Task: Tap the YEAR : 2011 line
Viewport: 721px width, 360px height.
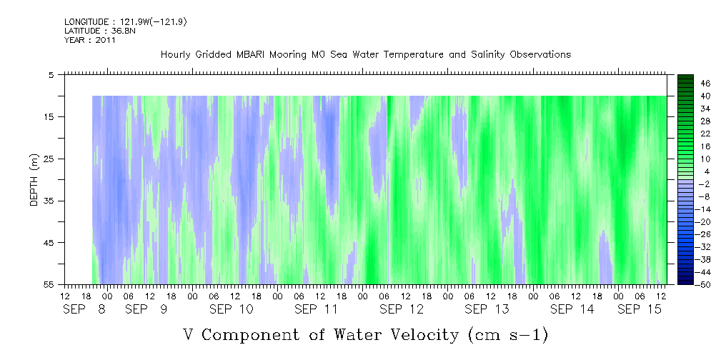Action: click(89, 40)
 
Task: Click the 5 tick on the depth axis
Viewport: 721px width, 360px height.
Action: click(51, 74)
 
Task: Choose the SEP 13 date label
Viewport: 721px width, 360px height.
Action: click(487, 309)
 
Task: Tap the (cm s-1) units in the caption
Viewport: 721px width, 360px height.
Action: click(507, 334)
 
